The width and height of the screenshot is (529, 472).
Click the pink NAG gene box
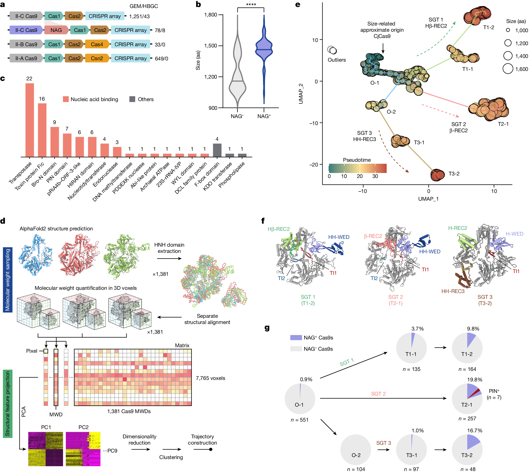click(56, 30)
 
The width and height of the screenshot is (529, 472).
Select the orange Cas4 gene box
click(97, 44)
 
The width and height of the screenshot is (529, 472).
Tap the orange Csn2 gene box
click(97, 58)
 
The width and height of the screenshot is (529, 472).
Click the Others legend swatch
click(132, 99)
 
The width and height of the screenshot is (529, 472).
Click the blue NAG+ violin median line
click(264, 49)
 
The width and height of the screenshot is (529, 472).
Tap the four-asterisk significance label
click(251, 5)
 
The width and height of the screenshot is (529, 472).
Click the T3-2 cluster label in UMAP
click(454, 173)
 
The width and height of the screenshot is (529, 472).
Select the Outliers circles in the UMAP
click(332, 50)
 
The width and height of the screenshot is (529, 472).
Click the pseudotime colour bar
click(357, 168)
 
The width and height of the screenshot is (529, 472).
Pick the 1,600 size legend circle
click(508, 69)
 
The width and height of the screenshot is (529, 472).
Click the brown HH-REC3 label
click(453, 291)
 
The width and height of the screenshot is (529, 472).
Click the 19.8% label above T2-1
click(475, 379)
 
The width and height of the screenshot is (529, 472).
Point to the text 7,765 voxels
click(210, 378)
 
